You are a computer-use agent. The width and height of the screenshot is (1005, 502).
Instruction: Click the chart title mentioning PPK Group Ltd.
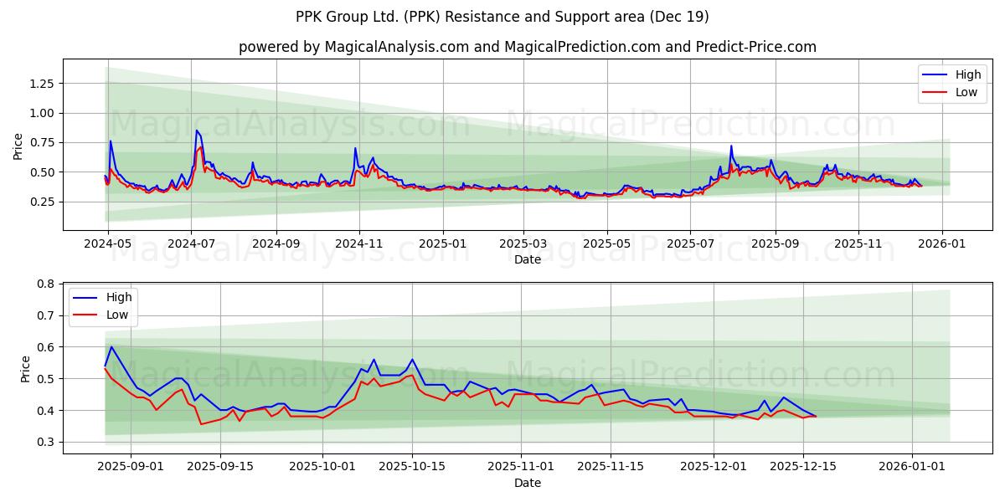[x=502, y=17]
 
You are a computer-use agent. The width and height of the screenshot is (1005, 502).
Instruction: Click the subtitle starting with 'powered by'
[x=528, y=47]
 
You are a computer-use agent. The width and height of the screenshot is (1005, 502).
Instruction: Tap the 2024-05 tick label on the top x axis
[x=109, y=243]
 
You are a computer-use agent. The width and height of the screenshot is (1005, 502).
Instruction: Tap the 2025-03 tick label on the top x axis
[x=523, y=243]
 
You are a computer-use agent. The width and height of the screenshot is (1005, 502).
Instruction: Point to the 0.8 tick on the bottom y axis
[x=47, y=284]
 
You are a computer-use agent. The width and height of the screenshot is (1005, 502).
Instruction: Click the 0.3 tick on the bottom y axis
[x=47, y=442]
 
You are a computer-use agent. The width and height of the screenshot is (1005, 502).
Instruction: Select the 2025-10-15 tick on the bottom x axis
[x=411, y=465]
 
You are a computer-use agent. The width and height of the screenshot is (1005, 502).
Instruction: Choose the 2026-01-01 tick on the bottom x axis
[x=911, y=465]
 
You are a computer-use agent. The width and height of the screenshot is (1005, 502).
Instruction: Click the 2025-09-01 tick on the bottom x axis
[x=131, y=465]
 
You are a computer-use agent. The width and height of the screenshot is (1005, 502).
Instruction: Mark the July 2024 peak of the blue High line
[x=197, y=131]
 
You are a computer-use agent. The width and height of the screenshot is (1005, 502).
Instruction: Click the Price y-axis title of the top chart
[x=18, y=146]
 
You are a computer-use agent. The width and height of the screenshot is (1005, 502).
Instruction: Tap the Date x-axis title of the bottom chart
[x=528, y=483]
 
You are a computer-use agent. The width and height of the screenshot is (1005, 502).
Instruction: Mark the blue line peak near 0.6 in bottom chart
[x=111, y=346]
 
